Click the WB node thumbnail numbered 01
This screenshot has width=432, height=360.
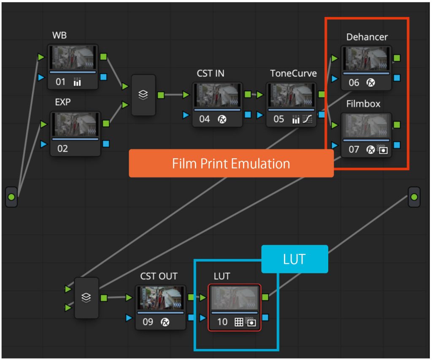73,58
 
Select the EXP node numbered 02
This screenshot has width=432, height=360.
76,133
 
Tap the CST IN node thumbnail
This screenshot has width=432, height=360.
218,95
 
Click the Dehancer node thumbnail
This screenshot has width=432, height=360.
366,59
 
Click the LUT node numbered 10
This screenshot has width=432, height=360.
235,307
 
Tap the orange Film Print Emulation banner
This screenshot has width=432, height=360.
231,163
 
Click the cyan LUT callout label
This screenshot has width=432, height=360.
294,259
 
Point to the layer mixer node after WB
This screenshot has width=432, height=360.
143,95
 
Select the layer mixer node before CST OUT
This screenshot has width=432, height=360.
86,298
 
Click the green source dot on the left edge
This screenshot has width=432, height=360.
11,197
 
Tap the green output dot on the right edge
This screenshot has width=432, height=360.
414,197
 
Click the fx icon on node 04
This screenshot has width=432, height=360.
222,119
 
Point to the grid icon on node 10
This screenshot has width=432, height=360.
239,322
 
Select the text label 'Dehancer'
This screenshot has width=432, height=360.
367,37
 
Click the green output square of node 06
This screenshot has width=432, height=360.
397,58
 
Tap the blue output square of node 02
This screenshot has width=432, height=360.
106,143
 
